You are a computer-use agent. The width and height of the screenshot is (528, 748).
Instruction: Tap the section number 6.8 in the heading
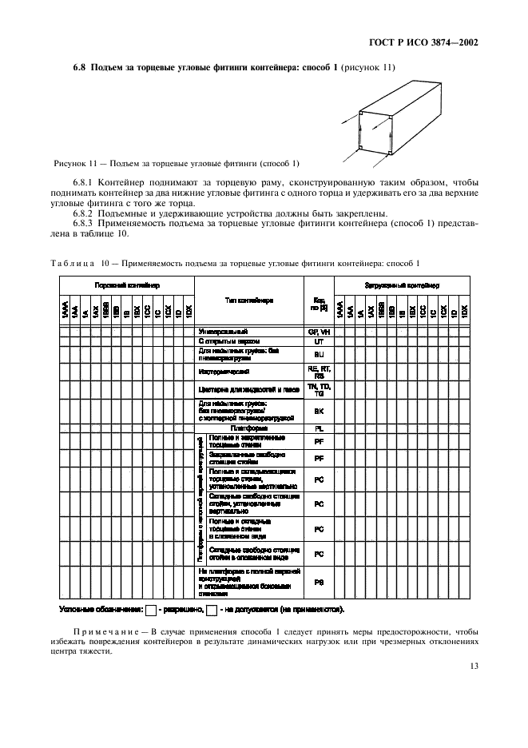pos(79,68)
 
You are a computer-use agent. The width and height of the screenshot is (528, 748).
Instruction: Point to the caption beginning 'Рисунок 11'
pos(176,163)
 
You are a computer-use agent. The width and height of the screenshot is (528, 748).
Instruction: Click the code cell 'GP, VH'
pos(319,331)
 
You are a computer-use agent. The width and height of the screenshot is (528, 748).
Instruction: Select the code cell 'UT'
pos(319,340)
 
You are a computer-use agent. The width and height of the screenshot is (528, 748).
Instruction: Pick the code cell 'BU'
pos(319,354)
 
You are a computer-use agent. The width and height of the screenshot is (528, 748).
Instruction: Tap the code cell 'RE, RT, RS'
pos(319,372)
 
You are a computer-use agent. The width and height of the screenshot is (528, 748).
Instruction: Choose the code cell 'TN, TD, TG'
pos(319,390)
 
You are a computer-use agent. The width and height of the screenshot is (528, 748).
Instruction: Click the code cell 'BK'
pos(319,411)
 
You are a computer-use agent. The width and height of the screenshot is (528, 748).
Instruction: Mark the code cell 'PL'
pos(319,428)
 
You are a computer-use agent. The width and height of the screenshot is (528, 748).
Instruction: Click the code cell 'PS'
pos(319,583)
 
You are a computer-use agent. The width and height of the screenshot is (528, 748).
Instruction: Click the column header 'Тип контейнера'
pos(248,300)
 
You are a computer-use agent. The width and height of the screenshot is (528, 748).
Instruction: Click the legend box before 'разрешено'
pos(151,611)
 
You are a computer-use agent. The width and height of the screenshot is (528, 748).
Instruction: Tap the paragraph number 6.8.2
pos(85,213)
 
